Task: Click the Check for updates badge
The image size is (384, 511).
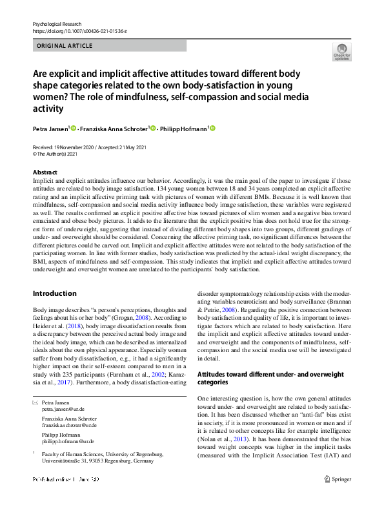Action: (342, 52)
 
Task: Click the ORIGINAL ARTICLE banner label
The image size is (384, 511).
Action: (65, 46)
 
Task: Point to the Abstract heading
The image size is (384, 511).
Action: (45, 172)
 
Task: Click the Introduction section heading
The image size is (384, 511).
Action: (54, 293)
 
